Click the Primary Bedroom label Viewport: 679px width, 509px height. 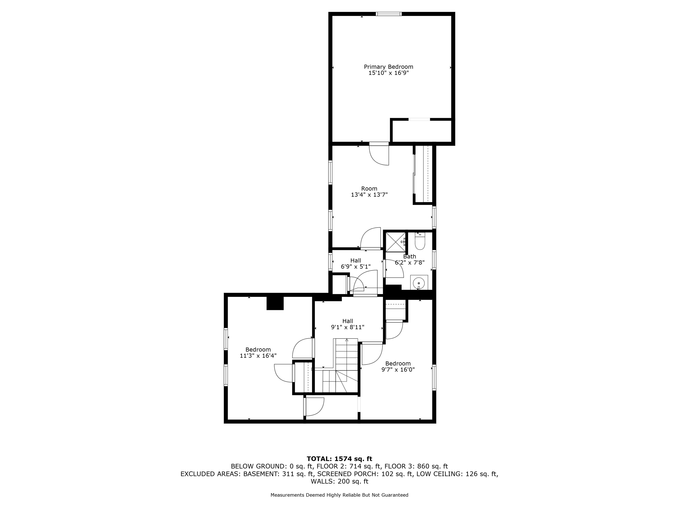pos(388,67)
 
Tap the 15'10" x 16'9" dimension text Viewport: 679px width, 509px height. pos(389,73)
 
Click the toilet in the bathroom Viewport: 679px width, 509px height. pos(419,242)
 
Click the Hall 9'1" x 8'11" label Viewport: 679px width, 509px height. pos(348,324)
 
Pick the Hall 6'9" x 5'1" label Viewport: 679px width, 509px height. pos(356,264)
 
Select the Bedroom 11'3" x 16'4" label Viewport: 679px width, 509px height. pos(258,353)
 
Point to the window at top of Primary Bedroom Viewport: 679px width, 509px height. pos(389,14)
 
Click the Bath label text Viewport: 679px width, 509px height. pos(410,256)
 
